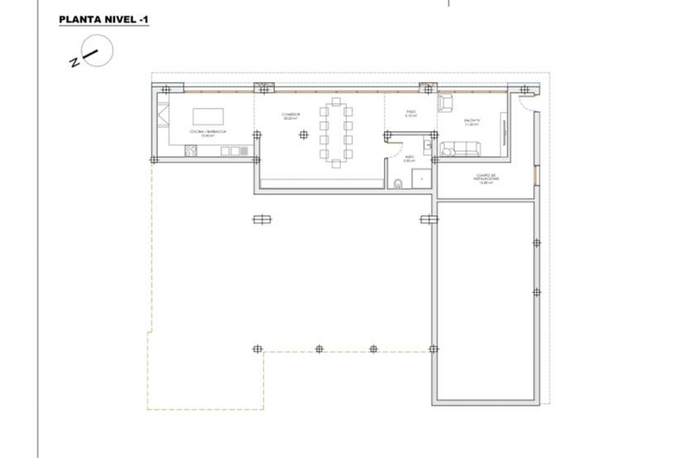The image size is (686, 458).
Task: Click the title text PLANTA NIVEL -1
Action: (x=104, y=20)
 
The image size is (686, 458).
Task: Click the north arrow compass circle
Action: (x=97, y=50)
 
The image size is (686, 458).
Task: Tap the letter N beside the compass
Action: (x=74, y=63)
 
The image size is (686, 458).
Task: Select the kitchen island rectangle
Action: (x=208, y=117)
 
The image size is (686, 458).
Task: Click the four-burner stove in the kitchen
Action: (x=191, y=151)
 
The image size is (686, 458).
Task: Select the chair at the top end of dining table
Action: (x=336, y=102)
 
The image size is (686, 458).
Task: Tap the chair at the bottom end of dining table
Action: (x=336, y=164)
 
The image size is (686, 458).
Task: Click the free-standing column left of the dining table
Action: (x=304, y=135)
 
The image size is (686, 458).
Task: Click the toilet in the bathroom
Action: (x=398, y=184)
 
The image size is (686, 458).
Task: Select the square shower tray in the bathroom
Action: (x=421, y=179)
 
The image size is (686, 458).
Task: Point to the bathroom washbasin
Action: (x=427, y=145)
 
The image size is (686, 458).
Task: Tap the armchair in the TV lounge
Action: (x=445, y=103)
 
